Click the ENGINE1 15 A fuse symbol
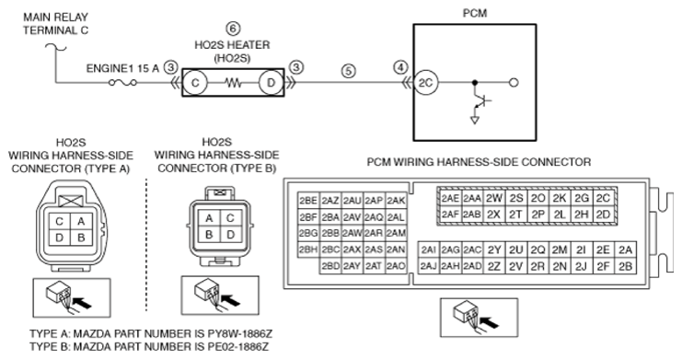pyautogui.click(x=122, y=82)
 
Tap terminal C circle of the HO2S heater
pyautogui.click(x=195, y=82)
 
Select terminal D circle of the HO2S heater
pyautogui.click(x=271, y=82)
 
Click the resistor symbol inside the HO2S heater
pyautogui.click(x=233, y=82)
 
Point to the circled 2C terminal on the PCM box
pyautogui.click(x=425, y=82)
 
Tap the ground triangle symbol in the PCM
pyautogui.click(x=475, y=120)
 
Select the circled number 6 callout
pyautogui.click(x=233, y=29)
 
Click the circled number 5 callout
pyautogui.click(x=349, y=71)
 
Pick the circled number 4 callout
pyautogui.click(x=400, y=67)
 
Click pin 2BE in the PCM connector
pyautogui.click(x=308, y=201)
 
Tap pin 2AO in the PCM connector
pyautogui.click(x=396, y=265)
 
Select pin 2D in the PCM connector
pyautogui.click(x=603, y=215)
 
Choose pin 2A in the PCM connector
pyautogui.click(x=625, y=250)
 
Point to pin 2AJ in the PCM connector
pyautogui.click(x=428, y=266)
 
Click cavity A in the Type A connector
pyautogui.click(x=81, y=221)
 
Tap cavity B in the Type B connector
pyautogui.click(x=209, y=235)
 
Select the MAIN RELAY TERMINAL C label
pyautogui.click(x=55, y=24)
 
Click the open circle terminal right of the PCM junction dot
pyautogui.click(x=514, y=82)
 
